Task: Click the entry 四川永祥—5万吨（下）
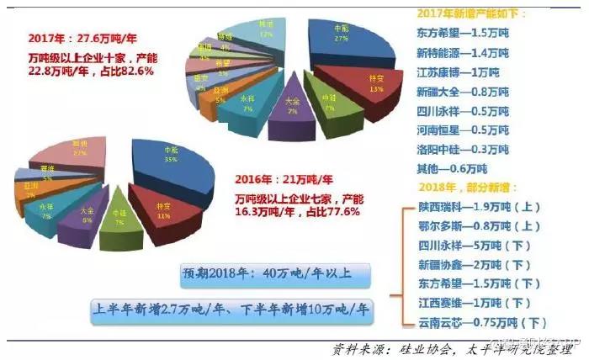tap(472, 245)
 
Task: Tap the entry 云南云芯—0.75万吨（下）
tap(476, 322)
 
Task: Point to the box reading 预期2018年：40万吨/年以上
tap(277, 274)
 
